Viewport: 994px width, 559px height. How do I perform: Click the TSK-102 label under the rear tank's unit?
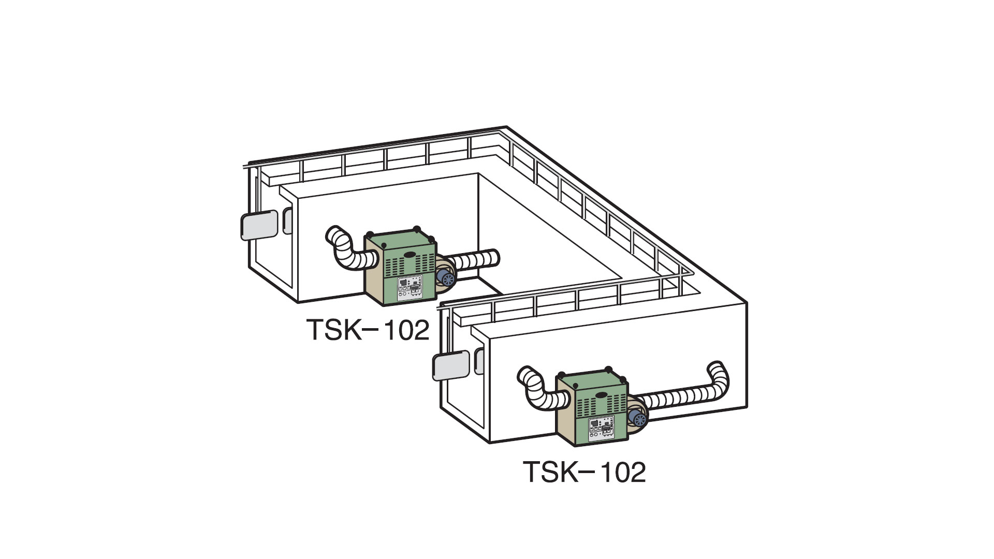click(x=368, y=329)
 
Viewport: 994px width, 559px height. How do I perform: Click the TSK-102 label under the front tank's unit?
click(x=585, y=472)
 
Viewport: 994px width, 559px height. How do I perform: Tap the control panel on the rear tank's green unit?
click(x=410, y=288)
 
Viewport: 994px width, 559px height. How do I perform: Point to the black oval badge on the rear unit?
click(x=410, y=254)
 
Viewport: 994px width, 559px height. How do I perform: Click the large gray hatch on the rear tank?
click(x=259, y=225)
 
